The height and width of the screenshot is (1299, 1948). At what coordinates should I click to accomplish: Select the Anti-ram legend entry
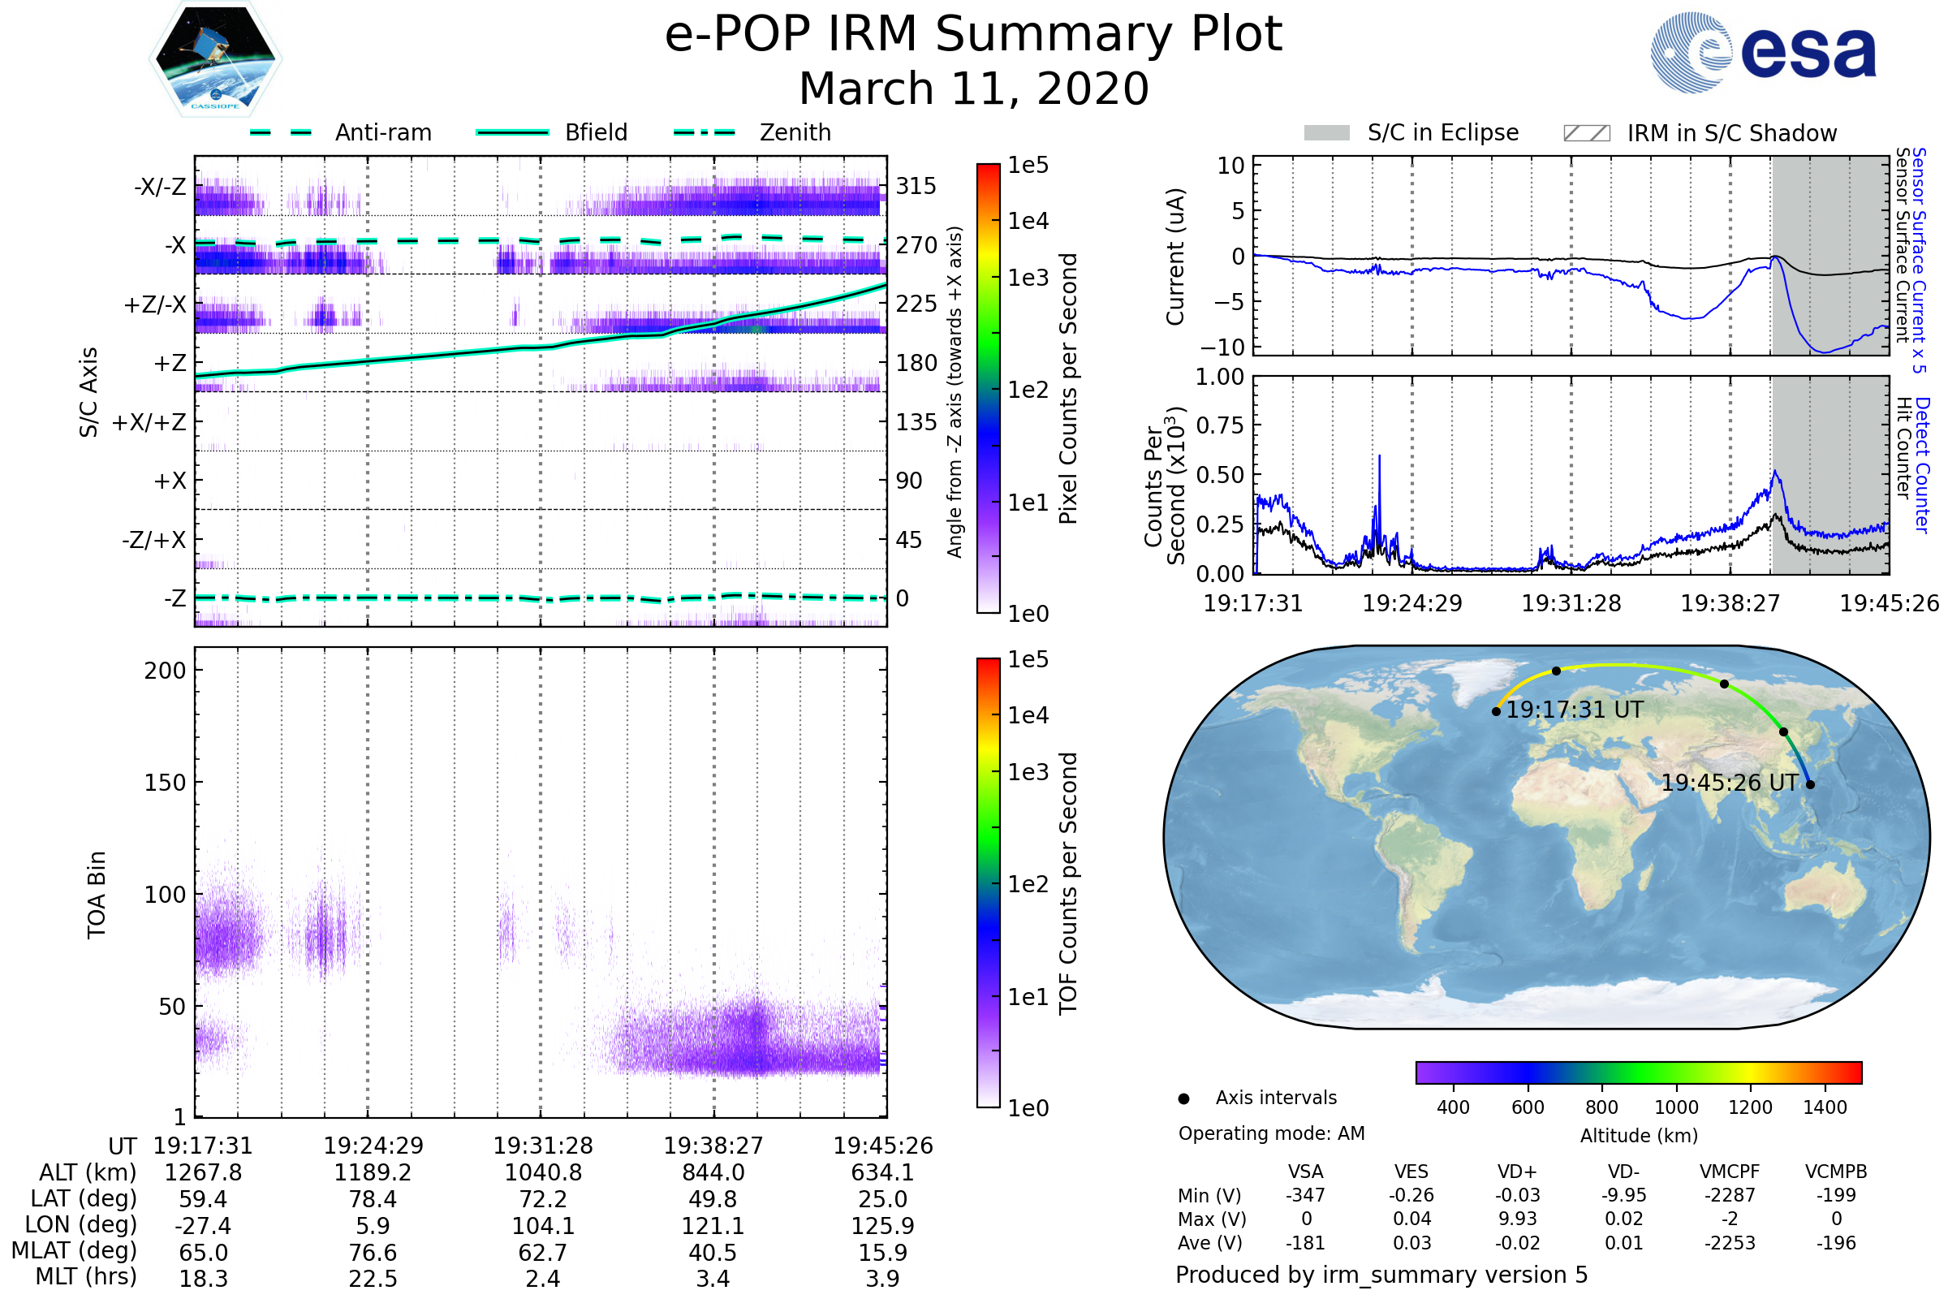point(341,132)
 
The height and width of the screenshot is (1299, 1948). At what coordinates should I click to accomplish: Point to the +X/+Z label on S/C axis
point(149,422)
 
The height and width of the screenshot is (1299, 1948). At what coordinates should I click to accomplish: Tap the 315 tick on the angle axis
point(916,187)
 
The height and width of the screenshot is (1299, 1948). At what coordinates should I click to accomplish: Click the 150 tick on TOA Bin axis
point(165,783)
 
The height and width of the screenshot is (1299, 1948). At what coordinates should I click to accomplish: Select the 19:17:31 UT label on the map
point(1575,710)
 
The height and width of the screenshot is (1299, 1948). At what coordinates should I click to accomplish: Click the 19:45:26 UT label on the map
point(1730,783)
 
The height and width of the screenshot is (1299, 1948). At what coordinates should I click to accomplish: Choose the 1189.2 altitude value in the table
point(373,1173)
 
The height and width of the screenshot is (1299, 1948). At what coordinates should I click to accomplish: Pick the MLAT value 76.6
point(373,1253)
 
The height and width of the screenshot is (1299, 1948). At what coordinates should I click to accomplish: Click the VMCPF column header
point(1730,1172)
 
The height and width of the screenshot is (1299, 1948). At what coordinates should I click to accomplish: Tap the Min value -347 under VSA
point(1305,1195)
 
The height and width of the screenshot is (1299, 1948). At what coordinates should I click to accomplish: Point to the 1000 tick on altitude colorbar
point(1676,1107)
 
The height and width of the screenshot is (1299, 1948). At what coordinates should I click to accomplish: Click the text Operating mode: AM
point(1271,1133)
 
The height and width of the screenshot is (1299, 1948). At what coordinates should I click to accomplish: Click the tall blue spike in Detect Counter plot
point(1380,457)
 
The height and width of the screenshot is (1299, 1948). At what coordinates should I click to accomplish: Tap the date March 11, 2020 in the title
point(974,88)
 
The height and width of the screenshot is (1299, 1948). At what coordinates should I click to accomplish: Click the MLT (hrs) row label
point(86,1276)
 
